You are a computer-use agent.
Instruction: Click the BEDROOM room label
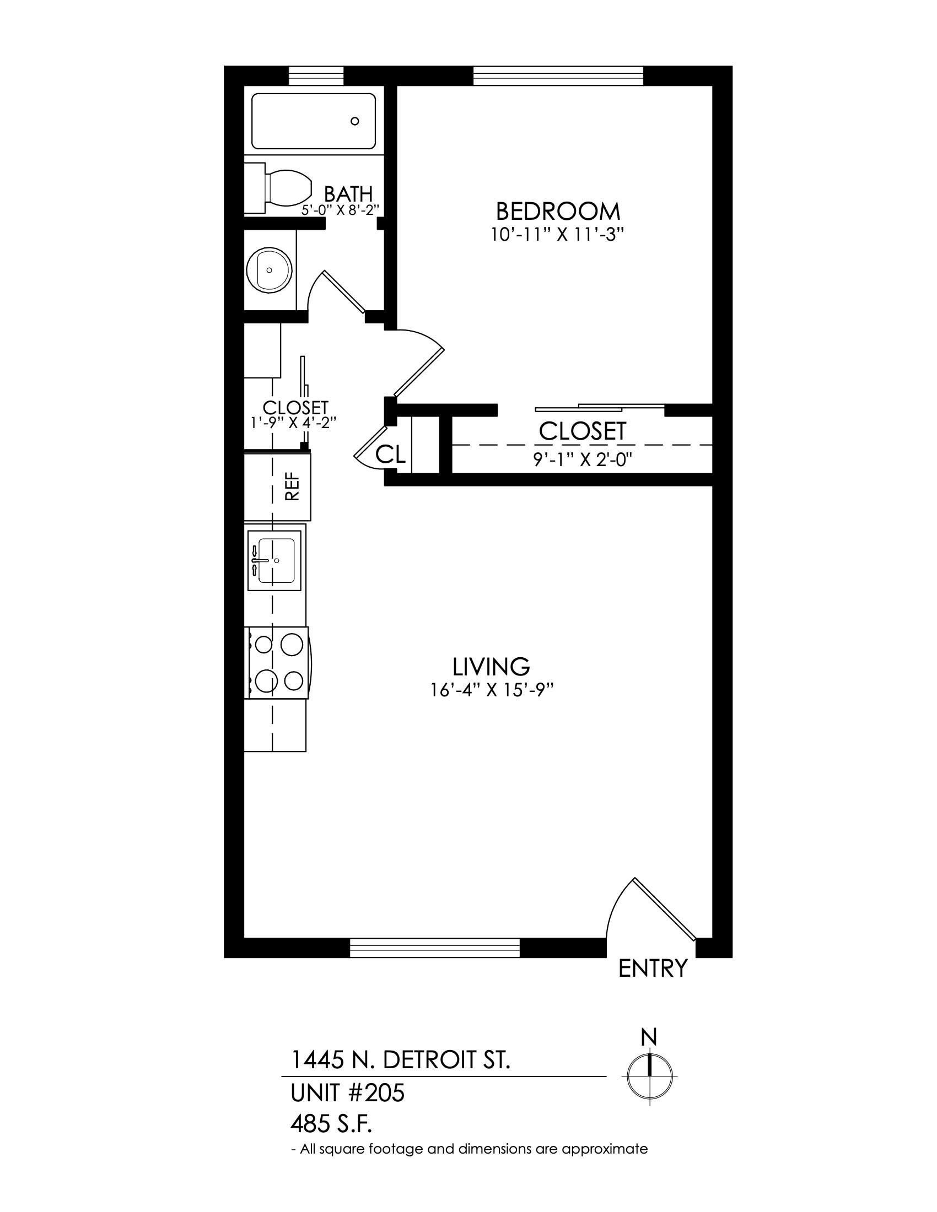pyautogui.click(x=557, y=212)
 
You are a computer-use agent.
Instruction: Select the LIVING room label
pyautogui.click(x=491, y=666)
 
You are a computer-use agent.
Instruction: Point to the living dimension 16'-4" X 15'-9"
pyautogui.click(x=492, y=690)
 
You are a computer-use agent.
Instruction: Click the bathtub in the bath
pyautogui.click(x=314, y=121)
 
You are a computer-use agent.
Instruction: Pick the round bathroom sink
pyautogui.click(x=269, y=270)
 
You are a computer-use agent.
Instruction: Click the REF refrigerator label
pyautogui.click(x=292, y=486)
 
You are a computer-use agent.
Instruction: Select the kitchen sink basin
pyautogui.click(x=276, y=560)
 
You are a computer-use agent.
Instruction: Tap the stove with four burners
pyautogui.click(x=277, y=663)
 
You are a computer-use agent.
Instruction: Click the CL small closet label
pyautogui.click(x=391, y=454)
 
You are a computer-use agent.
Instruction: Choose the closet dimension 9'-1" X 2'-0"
pyautogui.click(x=583, y=460)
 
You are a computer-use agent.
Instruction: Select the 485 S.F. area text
pyautogui.click(x=331, y=1126)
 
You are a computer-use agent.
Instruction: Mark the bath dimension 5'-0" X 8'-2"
pyautogui.click(x=340, y=210)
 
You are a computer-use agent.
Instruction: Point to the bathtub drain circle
pyautogui.click(x=355, y=121)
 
